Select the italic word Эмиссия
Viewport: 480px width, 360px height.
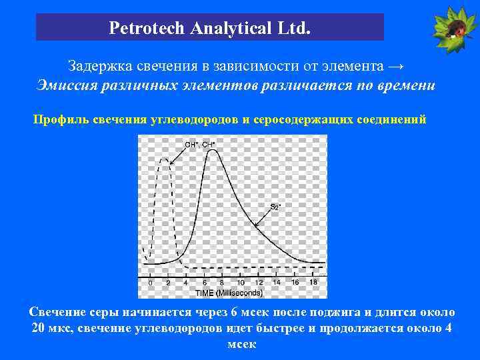pyautogui.click(x=65, y=85)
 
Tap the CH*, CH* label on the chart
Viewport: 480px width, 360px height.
pyautogui.click(x=199, y=144)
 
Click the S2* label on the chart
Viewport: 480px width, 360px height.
pyautogui.click(x=275, y=207)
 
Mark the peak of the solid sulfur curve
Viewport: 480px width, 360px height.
pyautogui.click(x=213, y=151)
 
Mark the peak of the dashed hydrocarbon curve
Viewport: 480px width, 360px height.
pyautogui.click(x=164, y=159)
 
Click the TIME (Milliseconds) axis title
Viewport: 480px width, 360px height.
pyautogui.click(x=229, y=292)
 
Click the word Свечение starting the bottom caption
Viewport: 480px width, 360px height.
pyautogui.click(x=59, y=313)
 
